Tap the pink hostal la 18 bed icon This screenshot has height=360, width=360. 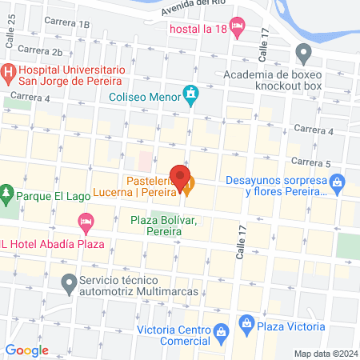[237, 29]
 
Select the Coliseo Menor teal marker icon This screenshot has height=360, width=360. [190, 95]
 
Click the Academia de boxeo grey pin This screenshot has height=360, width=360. [303, 55]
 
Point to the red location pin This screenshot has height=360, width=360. [178, 175]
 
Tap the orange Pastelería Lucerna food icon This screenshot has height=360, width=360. [188, 190]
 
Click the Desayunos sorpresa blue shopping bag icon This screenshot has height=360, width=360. [338, 185]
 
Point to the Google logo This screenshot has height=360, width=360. [26, 350]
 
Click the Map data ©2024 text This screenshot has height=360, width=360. [325, 353]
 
